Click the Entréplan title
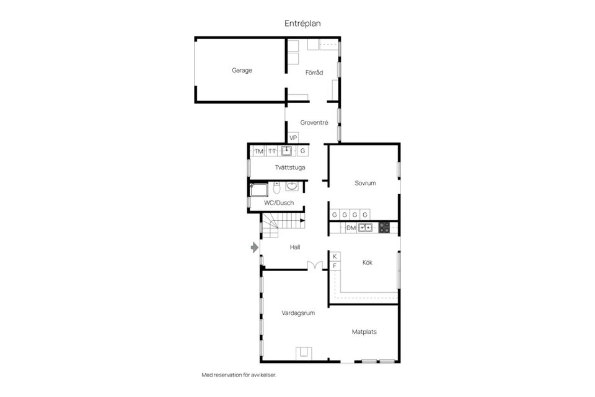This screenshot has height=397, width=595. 302,23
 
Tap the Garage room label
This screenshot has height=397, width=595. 242,71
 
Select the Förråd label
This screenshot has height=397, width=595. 314,73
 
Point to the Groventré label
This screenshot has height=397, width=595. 314,123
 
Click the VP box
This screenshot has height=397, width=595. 293,138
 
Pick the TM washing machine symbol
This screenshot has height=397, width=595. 258,151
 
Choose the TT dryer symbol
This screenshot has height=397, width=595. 272,151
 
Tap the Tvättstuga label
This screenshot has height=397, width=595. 290,167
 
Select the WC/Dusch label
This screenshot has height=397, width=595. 279,203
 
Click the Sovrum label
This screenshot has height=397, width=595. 365,183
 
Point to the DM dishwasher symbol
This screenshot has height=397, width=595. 351,228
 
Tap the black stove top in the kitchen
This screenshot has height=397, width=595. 384,228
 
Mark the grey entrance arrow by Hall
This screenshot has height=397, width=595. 254,248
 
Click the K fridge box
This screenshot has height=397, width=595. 335,256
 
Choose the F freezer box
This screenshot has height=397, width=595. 335,266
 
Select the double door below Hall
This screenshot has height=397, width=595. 315,266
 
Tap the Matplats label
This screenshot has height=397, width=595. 364,332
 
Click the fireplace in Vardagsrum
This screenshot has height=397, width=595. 304,353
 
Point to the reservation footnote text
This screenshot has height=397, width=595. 239,375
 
